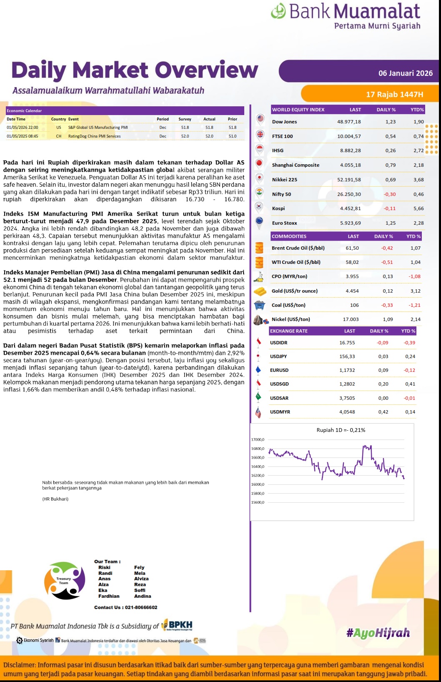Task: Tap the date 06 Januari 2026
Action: click(405, 73)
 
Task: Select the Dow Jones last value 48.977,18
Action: click(349, 122)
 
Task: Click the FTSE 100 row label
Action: click(282, 136)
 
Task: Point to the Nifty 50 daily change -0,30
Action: click(390, 194)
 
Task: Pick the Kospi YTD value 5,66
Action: click(418, 208)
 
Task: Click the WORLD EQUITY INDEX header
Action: click(298, 110)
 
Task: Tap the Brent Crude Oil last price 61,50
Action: click(352, 248)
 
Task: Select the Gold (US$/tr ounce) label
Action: click(294, 291)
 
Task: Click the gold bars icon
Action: click(260, 291)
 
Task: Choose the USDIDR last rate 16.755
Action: click(347, 343)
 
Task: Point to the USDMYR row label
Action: click(280, 412)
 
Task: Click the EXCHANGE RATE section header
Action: click(288, 331)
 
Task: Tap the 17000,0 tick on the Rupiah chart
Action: click(258, 440)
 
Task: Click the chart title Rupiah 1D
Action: click(341, 430)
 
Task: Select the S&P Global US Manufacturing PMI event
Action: click(98, 128)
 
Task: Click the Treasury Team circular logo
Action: click(65, 581)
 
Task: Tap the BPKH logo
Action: click(177, 625)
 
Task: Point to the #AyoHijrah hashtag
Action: click(378, 633)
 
